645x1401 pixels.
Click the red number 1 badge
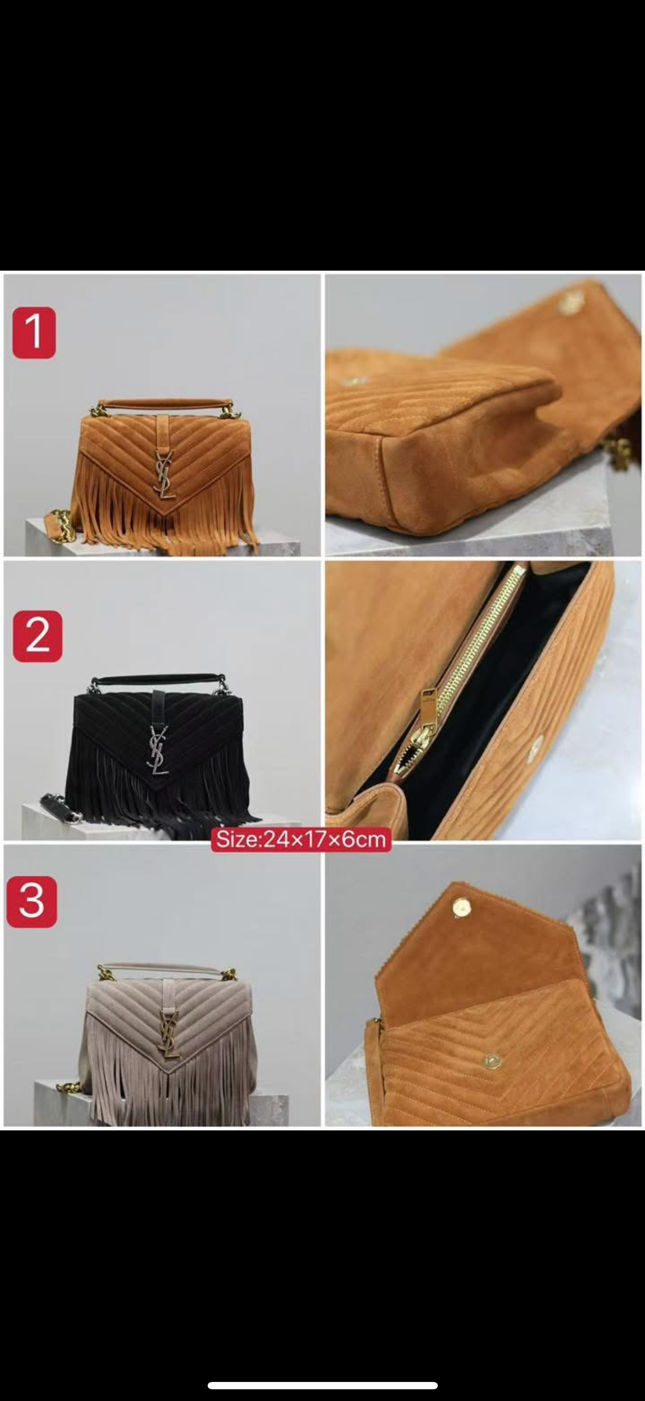(34, 332)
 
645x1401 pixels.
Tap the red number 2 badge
(38, 636)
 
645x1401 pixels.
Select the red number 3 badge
(32, 901)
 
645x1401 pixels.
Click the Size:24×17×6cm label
(301, 839)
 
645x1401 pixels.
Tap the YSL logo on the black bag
(158, 750)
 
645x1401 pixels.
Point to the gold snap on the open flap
(462, 907)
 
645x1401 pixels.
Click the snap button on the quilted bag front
(493, 1060)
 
